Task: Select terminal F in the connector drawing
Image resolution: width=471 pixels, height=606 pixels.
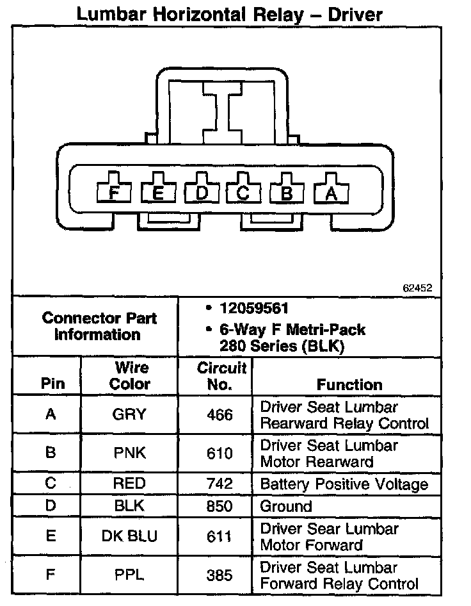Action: [x=114, y=192]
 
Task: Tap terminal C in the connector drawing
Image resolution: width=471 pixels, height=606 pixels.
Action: [x=244, y=192]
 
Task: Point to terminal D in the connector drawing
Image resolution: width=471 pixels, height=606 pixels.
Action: [x=201, y=192]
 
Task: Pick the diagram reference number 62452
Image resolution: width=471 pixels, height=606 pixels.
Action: [x=417, y=288]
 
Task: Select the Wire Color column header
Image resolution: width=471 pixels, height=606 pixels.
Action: [x=130, y=376]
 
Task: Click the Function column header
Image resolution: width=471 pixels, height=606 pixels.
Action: [x=349, y=384]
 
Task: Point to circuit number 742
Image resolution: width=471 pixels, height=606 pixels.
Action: [x=220, y=484]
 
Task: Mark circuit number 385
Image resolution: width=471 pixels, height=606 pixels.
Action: [x=220, y=575]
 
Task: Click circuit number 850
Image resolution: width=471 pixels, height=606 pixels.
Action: [x=220, y=506]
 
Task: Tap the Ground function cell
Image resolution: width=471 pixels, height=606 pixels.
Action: [x=285, y=506]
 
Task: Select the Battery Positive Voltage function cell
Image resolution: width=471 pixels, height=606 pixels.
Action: [x=344, y=484]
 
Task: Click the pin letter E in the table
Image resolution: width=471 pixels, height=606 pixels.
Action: [x=51, y=536]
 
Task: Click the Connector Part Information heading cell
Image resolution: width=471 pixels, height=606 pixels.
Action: [x=98, y=326]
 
